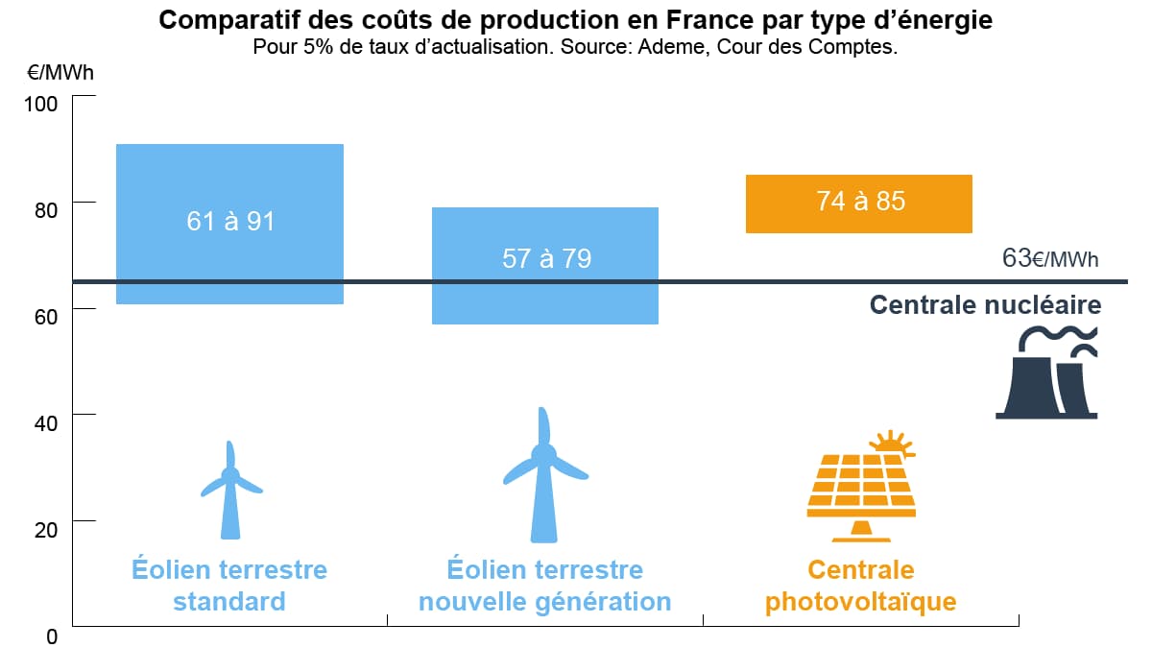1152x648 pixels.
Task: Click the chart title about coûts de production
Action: pos(575,20)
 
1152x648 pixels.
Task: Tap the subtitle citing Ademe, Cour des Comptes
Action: pos(575,47)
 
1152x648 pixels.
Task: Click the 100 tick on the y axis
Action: pos(41,103)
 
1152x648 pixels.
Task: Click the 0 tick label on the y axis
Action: pos(53,635)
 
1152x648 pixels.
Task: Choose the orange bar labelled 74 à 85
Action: pos(859,204)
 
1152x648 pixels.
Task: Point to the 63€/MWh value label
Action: pos(1049,258)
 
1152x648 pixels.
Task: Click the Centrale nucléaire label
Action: pos(985,305)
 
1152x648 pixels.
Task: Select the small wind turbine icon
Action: pos(230,490)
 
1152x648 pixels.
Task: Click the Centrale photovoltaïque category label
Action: pos(860,586)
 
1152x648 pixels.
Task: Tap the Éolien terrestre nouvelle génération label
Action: pos(544,586)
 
